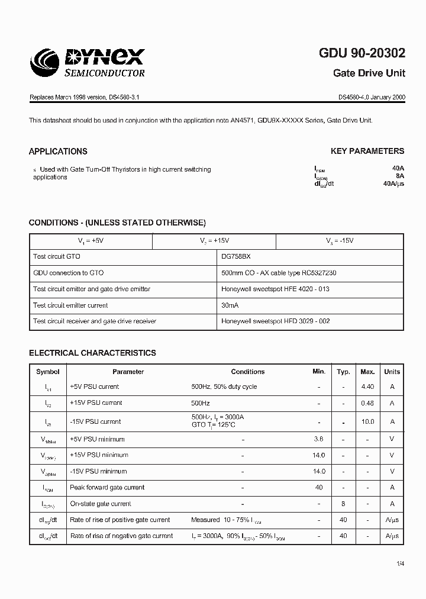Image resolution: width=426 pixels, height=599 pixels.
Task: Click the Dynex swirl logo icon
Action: (x=49, y=63)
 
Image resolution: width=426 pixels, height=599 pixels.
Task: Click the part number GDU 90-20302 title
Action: (x=362, y=53)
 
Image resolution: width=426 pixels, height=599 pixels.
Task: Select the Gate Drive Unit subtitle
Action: (x=369, y=73)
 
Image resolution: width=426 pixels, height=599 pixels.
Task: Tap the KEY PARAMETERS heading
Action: (x=367, y=151)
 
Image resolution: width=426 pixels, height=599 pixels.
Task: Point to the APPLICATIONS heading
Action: (x=58, y=151)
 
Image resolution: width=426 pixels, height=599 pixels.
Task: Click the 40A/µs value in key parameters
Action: (x=393, y=184)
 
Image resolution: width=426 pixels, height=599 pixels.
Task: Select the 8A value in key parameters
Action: (x=400, y=176)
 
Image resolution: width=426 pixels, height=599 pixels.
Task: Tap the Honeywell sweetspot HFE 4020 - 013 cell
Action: (x=275, y=289)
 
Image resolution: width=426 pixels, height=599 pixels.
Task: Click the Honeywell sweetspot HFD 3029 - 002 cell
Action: (x=275, y=321)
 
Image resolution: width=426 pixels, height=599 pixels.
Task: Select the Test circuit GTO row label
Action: (x=57, y=257)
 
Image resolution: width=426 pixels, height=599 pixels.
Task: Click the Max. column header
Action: (x=367, y=372)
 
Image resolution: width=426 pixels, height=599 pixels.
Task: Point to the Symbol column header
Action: (x=48, y=372)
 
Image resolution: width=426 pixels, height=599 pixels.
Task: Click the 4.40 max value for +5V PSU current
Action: (x=367, y=387)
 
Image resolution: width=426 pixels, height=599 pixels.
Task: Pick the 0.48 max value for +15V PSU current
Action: (x=367, y=403)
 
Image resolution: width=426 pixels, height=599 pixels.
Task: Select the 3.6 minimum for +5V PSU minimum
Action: (x=319, y=439)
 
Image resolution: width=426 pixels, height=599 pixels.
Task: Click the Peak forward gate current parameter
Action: (x=107, y=488)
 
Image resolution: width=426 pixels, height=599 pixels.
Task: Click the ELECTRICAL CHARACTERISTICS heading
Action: (x=92, y=353)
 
